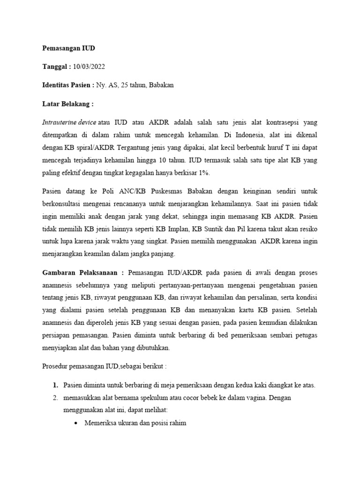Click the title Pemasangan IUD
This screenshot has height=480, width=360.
[x=69, y=48]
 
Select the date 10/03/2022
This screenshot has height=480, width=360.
[x=89, y=67]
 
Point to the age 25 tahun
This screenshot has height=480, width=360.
[x=133, y=85]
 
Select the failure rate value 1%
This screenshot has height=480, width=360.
[x=204, y=173]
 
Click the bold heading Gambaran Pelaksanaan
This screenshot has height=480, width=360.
[x=83, y=272]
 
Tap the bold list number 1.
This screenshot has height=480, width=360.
[x=55, y=385]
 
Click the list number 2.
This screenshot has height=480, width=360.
[x=55, y=398]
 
